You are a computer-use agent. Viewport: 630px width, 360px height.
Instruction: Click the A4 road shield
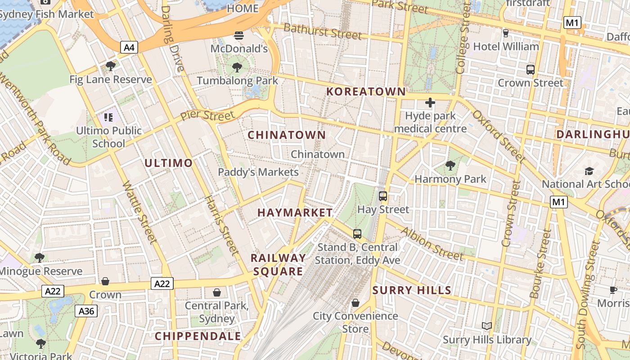pos(129,47)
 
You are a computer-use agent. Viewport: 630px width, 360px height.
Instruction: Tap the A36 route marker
pos(86,311)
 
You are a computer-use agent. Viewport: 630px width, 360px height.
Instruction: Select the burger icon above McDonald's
pos(239,36)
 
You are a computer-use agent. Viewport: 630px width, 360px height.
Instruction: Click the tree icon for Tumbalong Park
pos(237,68)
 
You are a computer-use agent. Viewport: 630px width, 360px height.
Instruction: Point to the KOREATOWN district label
pos(366,92)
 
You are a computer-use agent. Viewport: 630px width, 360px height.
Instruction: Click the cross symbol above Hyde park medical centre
pos(430,103)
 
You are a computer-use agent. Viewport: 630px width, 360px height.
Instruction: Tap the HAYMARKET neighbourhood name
pos(295,213)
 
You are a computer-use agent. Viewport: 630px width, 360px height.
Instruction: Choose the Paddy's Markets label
pos(258,172)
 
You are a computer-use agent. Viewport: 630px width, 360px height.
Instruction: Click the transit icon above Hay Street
pos(383,196)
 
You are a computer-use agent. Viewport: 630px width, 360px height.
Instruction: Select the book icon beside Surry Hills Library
pos(486,326)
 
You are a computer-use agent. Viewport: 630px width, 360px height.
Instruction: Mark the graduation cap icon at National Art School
pos(589,171)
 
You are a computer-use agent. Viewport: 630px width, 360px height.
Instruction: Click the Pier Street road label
pos(207,116)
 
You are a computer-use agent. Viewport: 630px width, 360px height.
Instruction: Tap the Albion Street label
pos(432,244)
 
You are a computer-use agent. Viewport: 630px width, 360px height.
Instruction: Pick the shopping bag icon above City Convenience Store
pos(355,303)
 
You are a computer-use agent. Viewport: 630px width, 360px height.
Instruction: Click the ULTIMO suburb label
pos(169,163)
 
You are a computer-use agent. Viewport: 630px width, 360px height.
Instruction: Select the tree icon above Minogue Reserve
pos(40,258)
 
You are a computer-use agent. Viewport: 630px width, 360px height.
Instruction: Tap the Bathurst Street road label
pos(323,31)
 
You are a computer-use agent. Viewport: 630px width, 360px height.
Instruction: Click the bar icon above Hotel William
pos(505,33)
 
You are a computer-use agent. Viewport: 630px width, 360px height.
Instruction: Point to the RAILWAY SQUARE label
pos(278,265)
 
